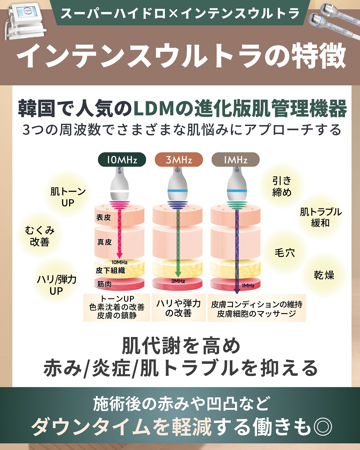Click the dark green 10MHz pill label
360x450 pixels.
(x=122, y=160)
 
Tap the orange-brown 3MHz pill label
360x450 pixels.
(x=179, y=160)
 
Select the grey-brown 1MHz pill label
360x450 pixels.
(x=236, y=160)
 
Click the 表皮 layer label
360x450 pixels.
(x=104, y=217)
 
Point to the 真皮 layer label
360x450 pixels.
(x=104, y=242)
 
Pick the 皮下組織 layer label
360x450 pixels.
(x=110, y=271)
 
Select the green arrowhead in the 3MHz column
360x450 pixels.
(x=178, y=274)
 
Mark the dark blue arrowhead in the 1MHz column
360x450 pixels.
(x=237, y=291)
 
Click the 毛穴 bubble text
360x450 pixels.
(x=285, y=253)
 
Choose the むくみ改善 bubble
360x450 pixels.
(x=40, y=236)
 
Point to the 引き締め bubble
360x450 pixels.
(x=282, y=186)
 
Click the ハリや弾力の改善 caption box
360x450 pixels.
(x=179, y=308)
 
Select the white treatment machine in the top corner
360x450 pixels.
(x=26, y=23)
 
